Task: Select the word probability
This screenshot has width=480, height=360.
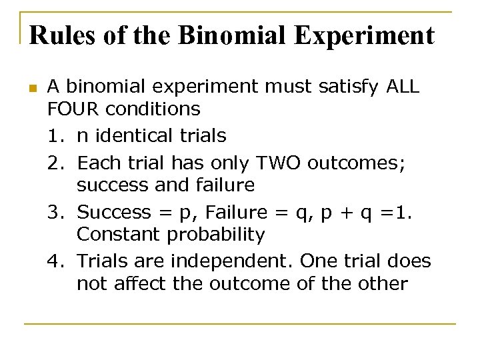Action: pyautogui.click(x=213, y=235)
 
